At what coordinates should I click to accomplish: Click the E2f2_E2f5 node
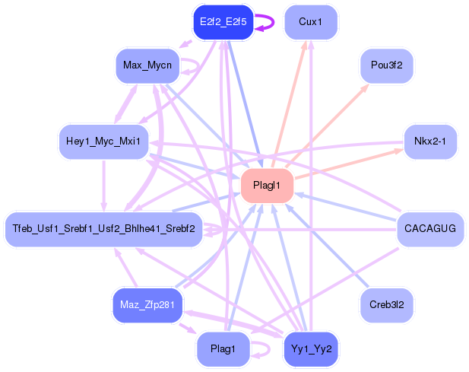(x=222, y=22)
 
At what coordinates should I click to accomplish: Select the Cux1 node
(x=310, y=22)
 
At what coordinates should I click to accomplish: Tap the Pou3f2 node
(x=386, y=66)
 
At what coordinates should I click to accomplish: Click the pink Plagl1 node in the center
(x=267, y=186)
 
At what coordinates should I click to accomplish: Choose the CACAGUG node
(x=430, y=228)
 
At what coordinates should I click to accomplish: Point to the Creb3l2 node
(x=386, y=304)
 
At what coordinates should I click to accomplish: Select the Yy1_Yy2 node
(x=311, y=348)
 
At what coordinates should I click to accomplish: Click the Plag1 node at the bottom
(x=222, y=348)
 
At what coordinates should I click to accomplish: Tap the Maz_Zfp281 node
(x=147, y=305)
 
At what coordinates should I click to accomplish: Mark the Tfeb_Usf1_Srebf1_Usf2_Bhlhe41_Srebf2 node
(x=103, y=228)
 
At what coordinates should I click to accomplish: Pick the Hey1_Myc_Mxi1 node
(x=103, y=141)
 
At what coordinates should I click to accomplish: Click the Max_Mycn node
(x=147, y=65)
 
